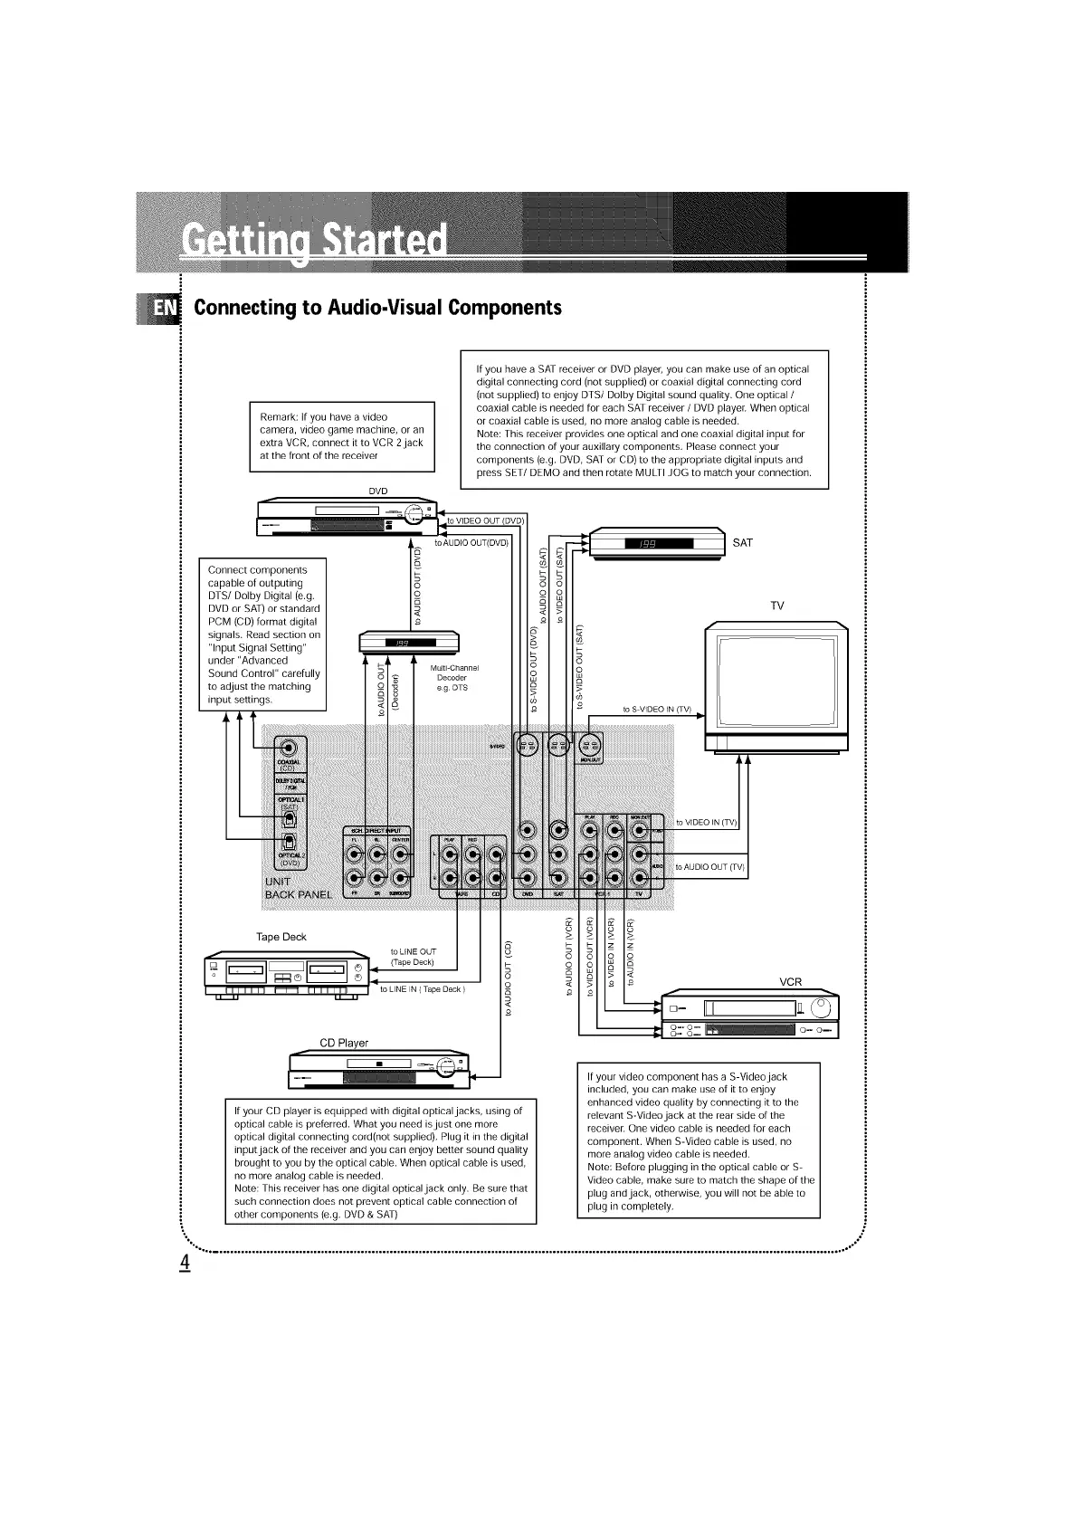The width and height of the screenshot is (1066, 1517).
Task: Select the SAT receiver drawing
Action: tap(658, 544)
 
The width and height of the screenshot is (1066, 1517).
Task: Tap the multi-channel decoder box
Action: tap(409, 642)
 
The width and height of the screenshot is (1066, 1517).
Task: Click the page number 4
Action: tap(185, 1262)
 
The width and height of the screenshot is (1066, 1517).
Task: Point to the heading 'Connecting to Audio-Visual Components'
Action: tap(377, 308)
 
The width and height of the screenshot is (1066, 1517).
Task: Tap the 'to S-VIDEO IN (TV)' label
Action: tap(656, 709)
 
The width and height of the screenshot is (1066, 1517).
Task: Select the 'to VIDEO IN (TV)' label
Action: tap(707, 822)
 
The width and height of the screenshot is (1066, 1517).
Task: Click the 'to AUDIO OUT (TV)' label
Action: tap(710, 866)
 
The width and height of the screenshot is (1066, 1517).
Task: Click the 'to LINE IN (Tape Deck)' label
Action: tap(422, 989)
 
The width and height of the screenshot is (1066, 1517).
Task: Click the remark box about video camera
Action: tap(342, 436)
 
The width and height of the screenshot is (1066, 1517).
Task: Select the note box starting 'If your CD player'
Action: tap(380, 1162)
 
